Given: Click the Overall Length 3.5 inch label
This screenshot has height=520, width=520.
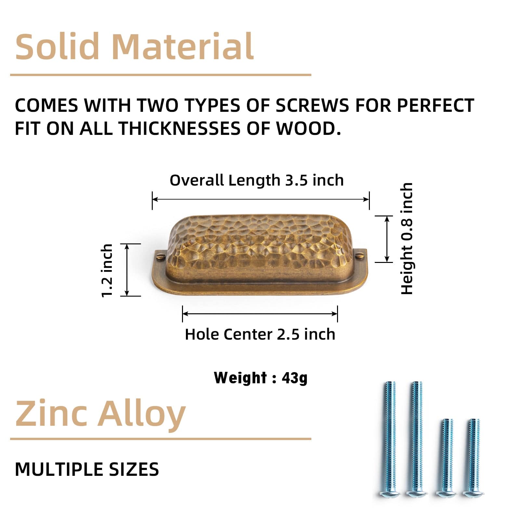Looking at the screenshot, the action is point(257,180).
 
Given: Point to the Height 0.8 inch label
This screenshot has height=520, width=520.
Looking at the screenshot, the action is point(407,239).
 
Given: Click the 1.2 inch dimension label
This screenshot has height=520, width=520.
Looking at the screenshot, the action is point(107,270).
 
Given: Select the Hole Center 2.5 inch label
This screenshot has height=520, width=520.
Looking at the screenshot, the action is point(260,334).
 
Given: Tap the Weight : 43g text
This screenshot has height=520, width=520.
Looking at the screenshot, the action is point(261,378).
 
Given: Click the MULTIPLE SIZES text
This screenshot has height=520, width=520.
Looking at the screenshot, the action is point(87,469).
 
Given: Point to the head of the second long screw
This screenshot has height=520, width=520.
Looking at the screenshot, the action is point(416,493).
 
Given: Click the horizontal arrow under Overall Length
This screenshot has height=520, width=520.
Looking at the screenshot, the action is point(261,199).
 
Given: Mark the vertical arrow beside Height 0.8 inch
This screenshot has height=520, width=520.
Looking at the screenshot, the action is point(387,239).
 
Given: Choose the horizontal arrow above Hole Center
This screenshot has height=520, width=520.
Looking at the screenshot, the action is point(260,314).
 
